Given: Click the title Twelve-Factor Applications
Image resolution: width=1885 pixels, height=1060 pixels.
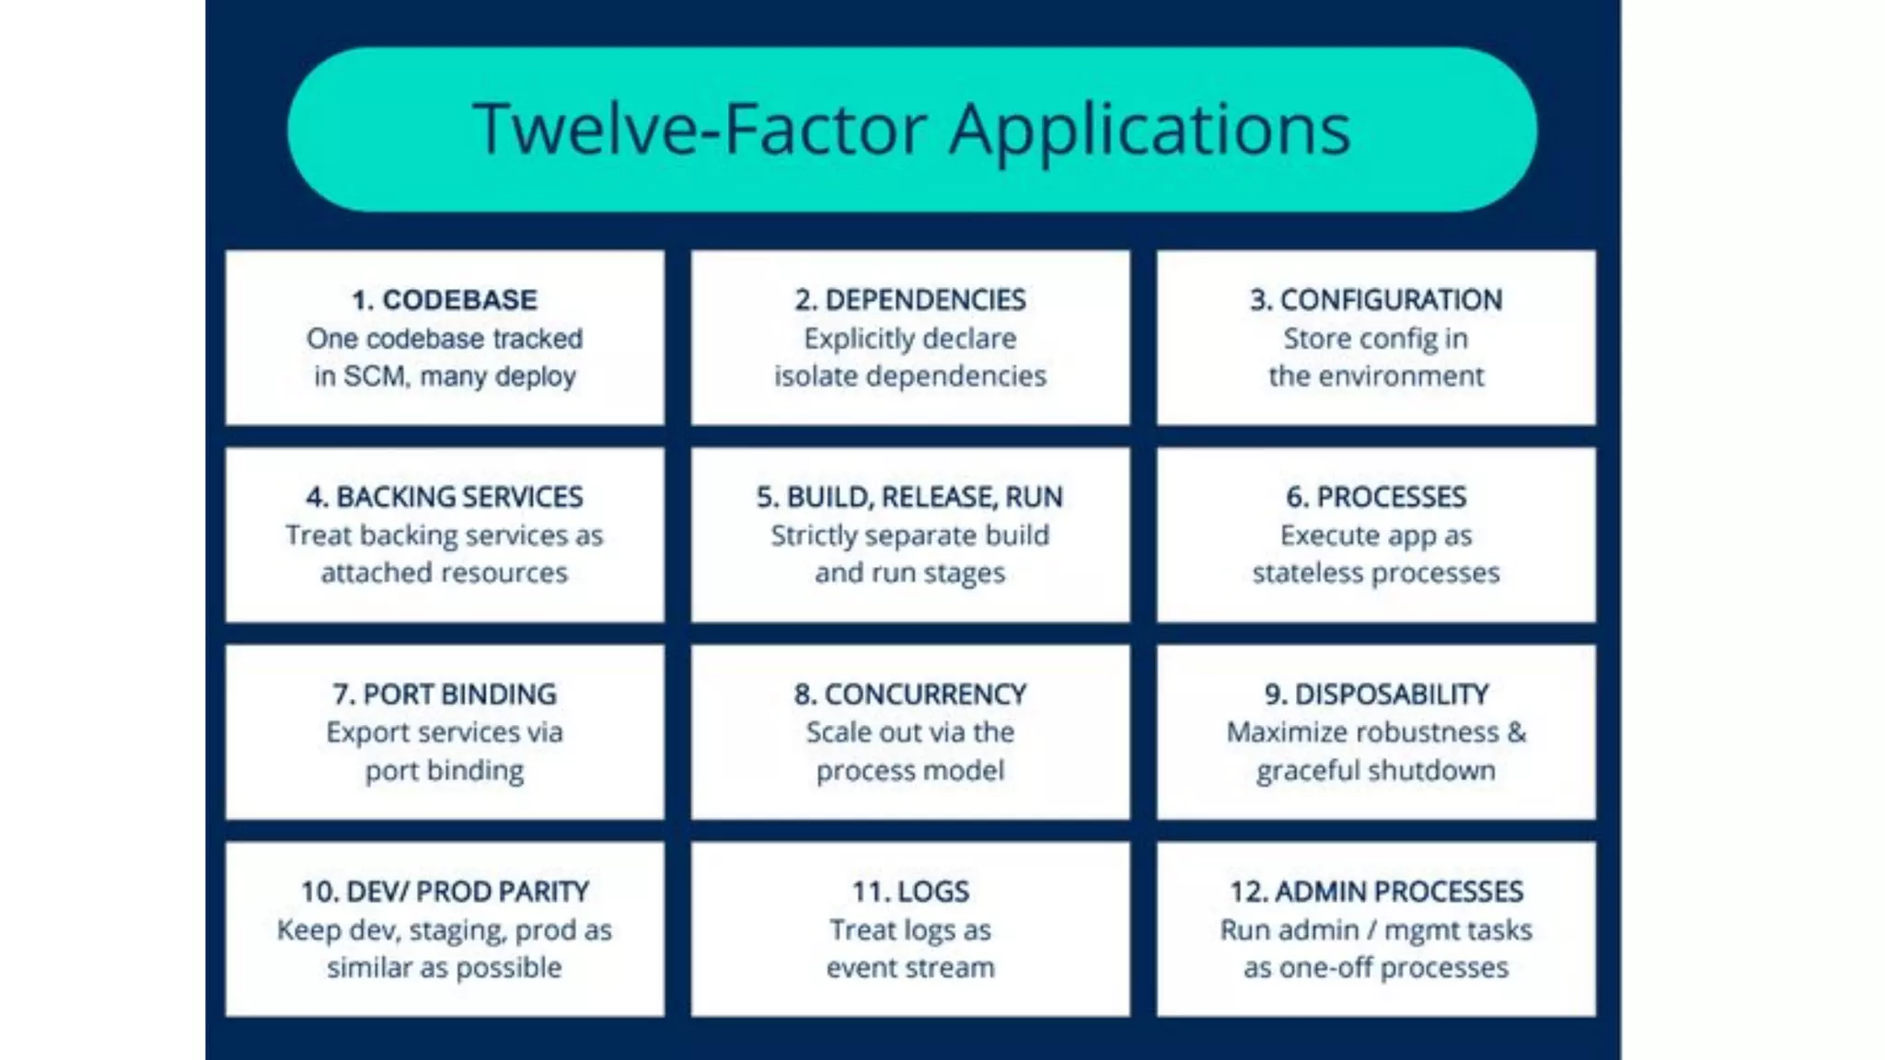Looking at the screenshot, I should (x=911, y=129).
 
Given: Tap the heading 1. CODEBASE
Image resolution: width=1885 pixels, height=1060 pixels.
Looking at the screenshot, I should (x=445, y=300).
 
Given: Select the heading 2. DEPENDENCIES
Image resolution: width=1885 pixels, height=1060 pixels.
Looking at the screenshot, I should (x=910, y=300).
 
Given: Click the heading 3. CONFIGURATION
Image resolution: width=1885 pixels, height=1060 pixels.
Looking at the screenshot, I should (x=1376, y=300).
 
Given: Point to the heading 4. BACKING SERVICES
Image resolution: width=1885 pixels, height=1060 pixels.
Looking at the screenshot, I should (x=445, y=497).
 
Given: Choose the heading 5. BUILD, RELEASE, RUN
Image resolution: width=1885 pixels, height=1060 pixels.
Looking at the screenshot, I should (x=910, y=497).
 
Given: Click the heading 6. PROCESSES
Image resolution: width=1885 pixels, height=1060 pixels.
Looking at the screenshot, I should (x=1376, y=497).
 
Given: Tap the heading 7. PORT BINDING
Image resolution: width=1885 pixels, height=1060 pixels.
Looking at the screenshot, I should (x=445, y=694).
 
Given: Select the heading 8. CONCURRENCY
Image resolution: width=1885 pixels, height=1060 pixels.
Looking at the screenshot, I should (x=910, y=694).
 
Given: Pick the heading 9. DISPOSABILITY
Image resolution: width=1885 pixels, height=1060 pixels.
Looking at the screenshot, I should (x=1376, y=694).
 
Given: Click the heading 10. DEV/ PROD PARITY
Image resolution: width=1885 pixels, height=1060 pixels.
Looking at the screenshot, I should (x=445, y=891).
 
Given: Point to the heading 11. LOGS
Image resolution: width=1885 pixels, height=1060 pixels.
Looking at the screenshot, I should (x=910, y=891).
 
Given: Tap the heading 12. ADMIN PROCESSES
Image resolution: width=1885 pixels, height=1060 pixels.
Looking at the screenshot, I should (x=1376, y=891).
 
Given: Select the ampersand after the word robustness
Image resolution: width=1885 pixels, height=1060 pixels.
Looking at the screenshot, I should (x=1516, y=732).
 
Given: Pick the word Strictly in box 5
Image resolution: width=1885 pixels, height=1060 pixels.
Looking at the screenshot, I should (x=814, y=536).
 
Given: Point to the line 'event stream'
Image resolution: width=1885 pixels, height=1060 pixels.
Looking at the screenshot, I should (x=910, y=968).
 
